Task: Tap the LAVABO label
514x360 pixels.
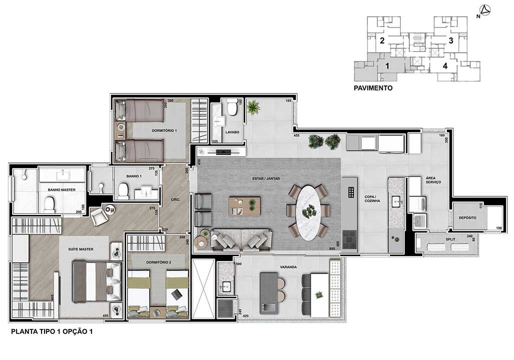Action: [232, 132]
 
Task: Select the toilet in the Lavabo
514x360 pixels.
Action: [232, 107]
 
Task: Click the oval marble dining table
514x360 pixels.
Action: [308, 210]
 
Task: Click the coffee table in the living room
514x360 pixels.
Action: [244, 205]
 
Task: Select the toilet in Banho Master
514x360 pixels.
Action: [50, 204]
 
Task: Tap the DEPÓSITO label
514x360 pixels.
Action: [467, 218]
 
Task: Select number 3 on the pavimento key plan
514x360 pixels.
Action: [450, 41]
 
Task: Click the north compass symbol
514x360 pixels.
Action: [484, 9]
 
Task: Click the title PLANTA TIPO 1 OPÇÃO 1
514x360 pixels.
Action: [52, 331]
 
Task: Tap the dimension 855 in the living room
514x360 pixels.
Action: [332, 248]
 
